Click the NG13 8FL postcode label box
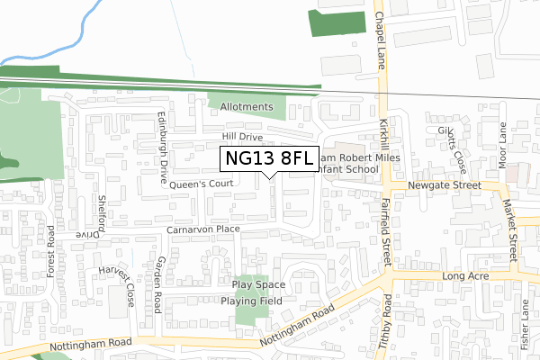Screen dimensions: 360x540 click(x=269, y=159)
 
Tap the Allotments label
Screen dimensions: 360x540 click(x=246, y=107)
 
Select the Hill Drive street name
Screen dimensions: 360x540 click(x=242, y=137)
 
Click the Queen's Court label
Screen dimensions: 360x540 click(x=202, y=184)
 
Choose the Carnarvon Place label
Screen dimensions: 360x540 click(x=202, y=230)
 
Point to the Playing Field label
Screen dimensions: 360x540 click(x=252, y=301)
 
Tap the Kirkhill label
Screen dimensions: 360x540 click(x=382, y=142)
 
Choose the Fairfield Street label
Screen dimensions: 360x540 click(x=389, y=231)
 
